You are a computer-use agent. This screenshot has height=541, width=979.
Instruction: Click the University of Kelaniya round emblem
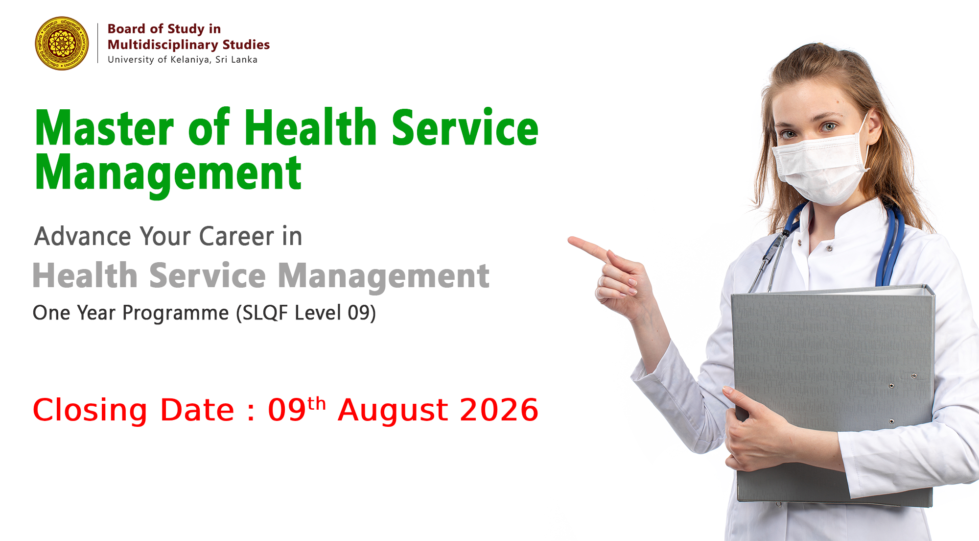click(x=62, y=43)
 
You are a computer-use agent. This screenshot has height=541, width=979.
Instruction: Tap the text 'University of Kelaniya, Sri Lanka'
click(x=183, y=59)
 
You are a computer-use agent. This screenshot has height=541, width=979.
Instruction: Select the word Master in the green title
click(x=104, y=128)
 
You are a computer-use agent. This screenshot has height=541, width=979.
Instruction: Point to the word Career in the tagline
click(x=236, y=236)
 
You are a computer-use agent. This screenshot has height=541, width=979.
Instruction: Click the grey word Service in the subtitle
click(x=208, y=275)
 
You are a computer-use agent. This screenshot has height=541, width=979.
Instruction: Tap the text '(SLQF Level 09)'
click(x=306, y=313)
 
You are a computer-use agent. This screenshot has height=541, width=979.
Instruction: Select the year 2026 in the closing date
click(x=499, y=410)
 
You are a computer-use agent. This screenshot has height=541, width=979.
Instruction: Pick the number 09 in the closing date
click(x=287, y=410)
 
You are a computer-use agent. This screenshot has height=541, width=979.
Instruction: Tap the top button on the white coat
click(x=829, y=248)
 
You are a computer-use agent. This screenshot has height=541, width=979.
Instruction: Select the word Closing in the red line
click(x=90, y=411)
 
